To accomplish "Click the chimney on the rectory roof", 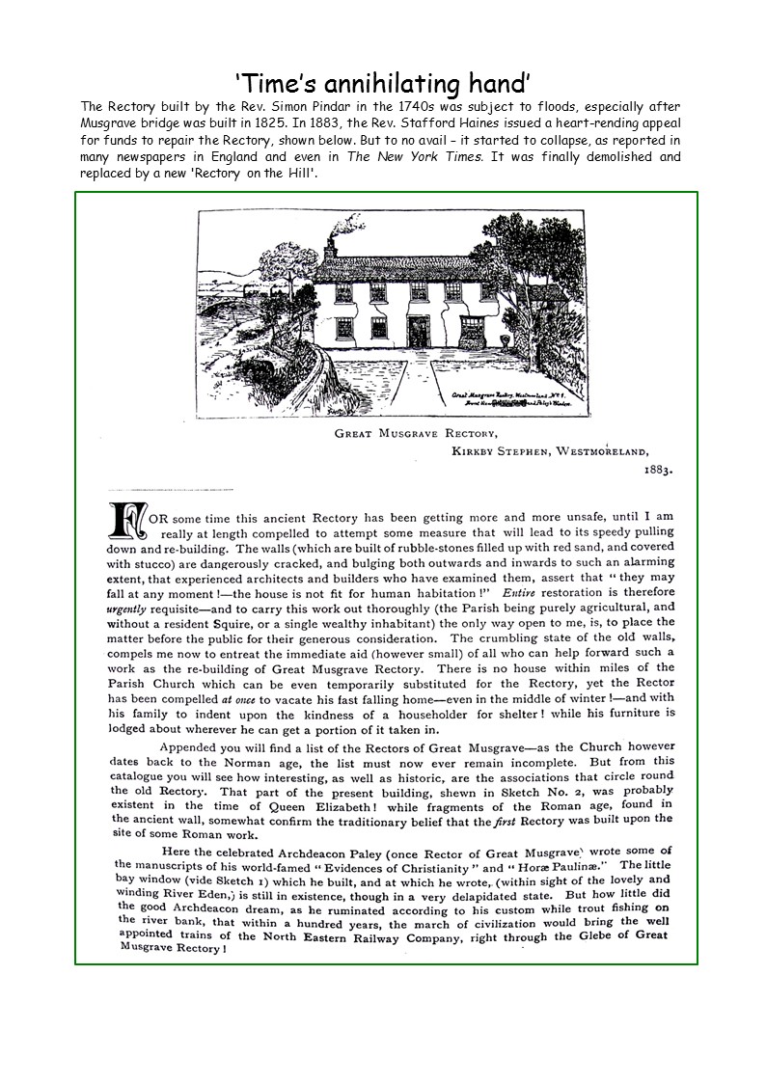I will click(330, 249).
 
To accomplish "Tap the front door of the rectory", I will click(419, 332).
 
